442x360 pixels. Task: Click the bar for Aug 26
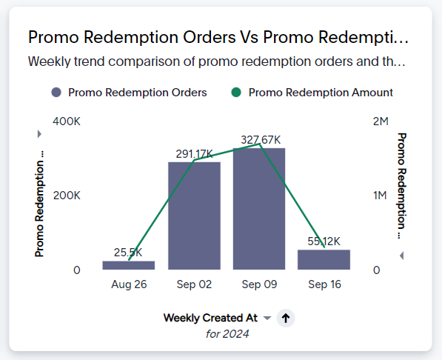(x=129, y=265)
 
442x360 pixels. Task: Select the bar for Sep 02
(x=194, y=216)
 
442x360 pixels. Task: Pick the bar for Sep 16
(x=324, y=259)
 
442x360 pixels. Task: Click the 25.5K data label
(x=128, y=253)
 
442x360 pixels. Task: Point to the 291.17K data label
(x=194, y=154)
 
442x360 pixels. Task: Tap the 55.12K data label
(x=324, y=241)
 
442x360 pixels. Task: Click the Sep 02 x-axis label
(x=194, y=284)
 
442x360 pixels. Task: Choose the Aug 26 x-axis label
(x=129, y=284)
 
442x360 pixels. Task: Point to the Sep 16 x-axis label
(x=324, y=284)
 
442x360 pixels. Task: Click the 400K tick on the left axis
(x=67, y=121)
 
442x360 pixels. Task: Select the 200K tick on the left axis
(x=67, y=196)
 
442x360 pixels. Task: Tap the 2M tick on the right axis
(x=380, y=121)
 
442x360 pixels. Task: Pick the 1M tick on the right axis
(x=380, y=196)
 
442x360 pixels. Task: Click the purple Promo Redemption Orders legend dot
(x=56, y=93)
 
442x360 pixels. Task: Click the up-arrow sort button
(x=287, y=318)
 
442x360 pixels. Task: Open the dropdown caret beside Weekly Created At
(x=267, y=318)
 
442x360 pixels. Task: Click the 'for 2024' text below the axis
(x=227, y=334)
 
